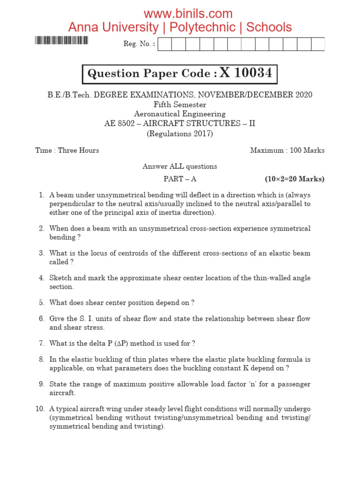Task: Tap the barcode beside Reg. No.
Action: (61, 40)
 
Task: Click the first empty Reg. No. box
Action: (165, 44)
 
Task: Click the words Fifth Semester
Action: (180, 105)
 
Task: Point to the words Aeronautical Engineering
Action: (180, 114)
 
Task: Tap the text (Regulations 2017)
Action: (180, 134)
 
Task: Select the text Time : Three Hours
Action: (67, 150)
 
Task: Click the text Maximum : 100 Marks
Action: (287, 150)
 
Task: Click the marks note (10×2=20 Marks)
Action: (294, 179)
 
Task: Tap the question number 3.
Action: (41, 253)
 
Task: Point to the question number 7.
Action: (41, 343)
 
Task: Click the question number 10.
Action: (40, 409)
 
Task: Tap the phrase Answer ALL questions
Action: (180, 166)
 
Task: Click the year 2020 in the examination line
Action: (304, 95)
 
